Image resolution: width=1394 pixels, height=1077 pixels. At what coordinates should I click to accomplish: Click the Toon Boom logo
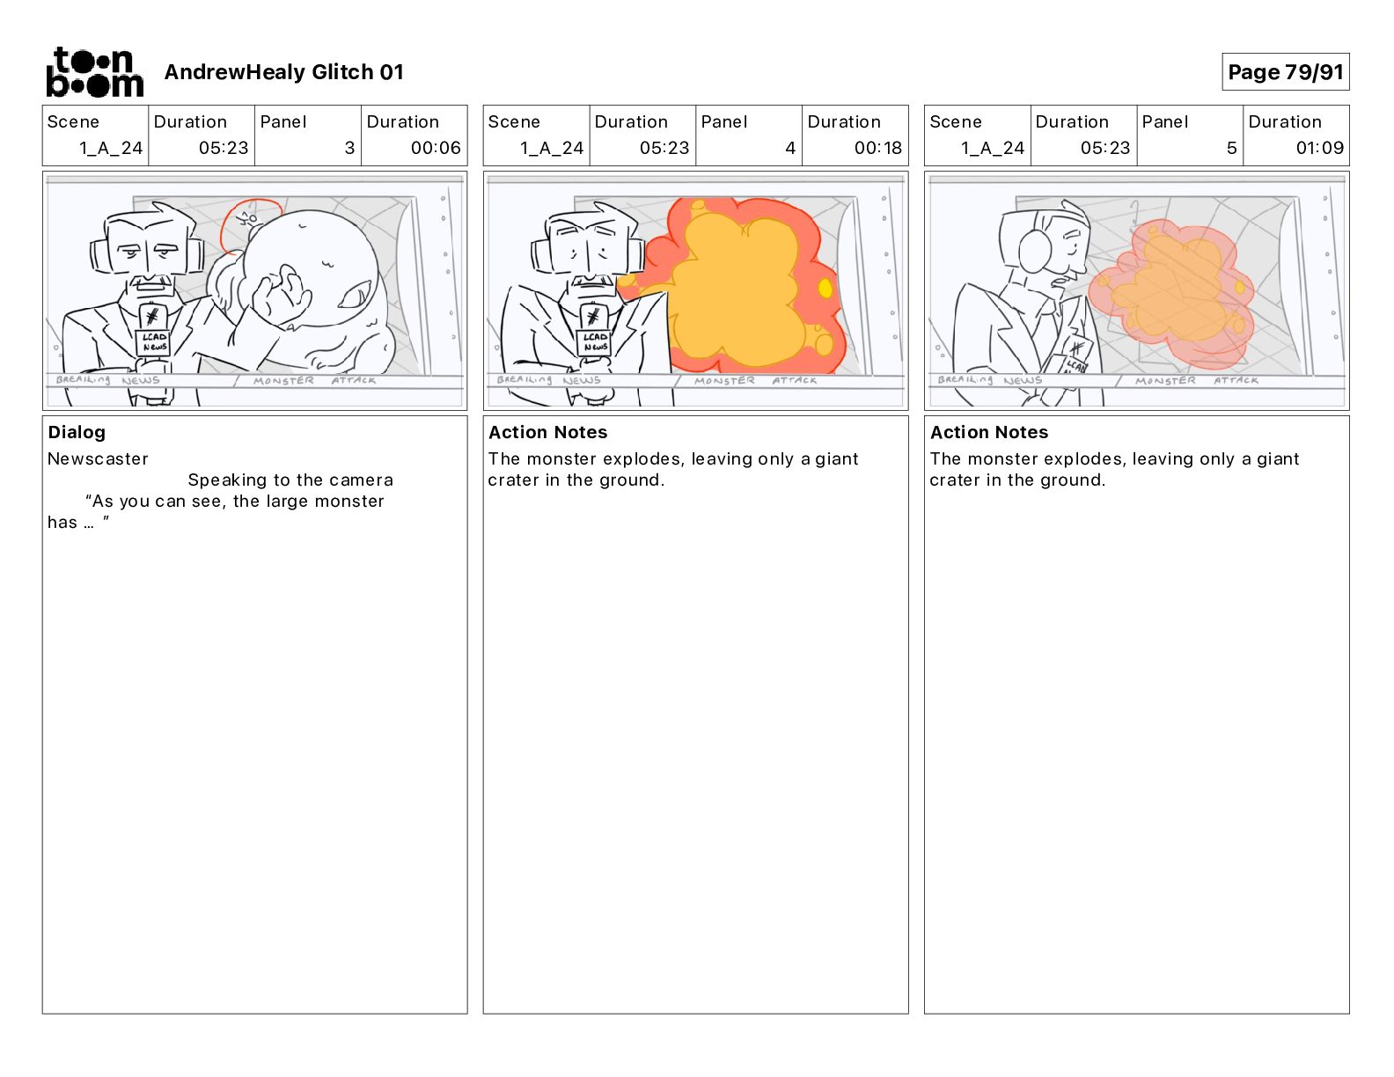[x=95, y=72]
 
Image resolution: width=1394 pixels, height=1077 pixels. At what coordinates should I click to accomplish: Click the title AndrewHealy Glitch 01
[x=283, y=72]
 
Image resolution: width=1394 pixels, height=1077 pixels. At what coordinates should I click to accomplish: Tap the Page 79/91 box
[x=1285, y=72]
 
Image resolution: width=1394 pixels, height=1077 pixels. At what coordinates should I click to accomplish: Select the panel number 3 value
[x=349, y=148]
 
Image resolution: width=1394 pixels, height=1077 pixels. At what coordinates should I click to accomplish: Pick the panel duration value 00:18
[x=877, y=148]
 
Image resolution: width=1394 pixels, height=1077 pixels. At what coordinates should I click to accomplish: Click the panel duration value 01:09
[x=1319, y=148]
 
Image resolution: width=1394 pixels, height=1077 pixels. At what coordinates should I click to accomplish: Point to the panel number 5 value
[x=1232, y=148]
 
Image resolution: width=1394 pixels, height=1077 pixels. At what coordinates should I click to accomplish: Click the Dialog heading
[x=77, y=432]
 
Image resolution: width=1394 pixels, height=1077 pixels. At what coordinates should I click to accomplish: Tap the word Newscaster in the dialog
[x=98, y=458]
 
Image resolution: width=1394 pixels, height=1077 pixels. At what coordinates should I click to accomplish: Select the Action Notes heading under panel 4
[x=548, y=432]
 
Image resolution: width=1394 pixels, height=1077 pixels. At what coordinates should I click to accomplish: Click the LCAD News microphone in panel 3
[x=152, y=333]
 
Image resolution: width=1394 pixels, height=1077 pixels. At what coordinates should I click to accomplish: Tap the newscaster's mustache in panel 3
[x=149, y=282]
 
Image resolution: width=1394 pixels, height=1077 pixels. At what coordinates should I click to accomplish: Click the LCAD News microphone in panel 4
[x=594, y=333]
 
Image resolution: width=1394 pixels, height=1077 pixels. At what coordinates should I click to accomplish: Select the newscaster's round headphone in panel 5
[x=1035, y=252]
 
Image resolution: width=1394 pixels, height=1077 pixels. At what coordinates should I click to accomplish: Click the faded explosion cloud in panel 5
[x=1172, y=293]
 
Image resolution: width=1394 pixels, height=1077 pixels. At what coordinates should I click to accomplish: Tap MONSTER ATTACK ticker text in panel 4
[x=755, y=381]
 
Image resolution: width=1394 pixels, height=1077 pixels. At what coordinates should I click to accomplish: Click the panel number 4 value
[x=790, y=148]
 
